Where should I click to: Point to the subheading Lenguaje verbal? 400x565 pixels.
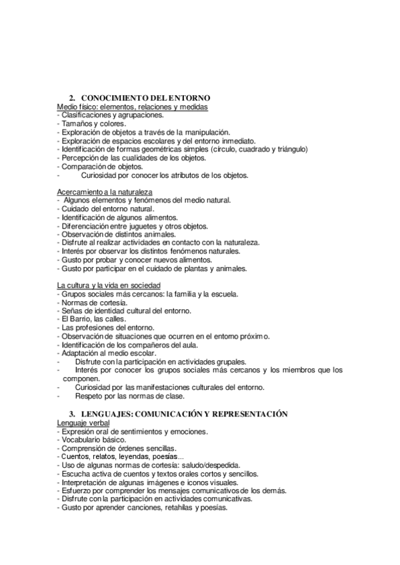pyautogui.click(x=83, y=422)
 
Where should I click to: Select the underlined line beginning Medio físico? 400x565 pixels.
pyautogui.click(x=133, y=107)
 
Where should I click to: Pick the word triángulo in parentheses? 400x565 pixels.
pyautogui.click(x=283, y=150)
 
